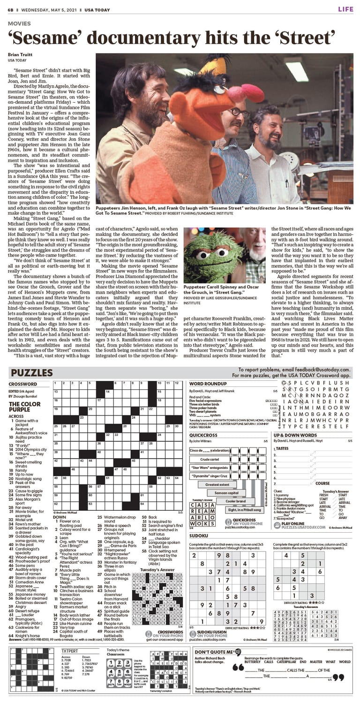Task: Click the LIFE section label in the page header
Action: coord(345,9)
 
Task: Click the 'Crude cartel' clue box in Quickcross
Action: coord(210,459)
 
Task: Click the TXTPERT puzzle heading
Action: coord(69,650)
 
